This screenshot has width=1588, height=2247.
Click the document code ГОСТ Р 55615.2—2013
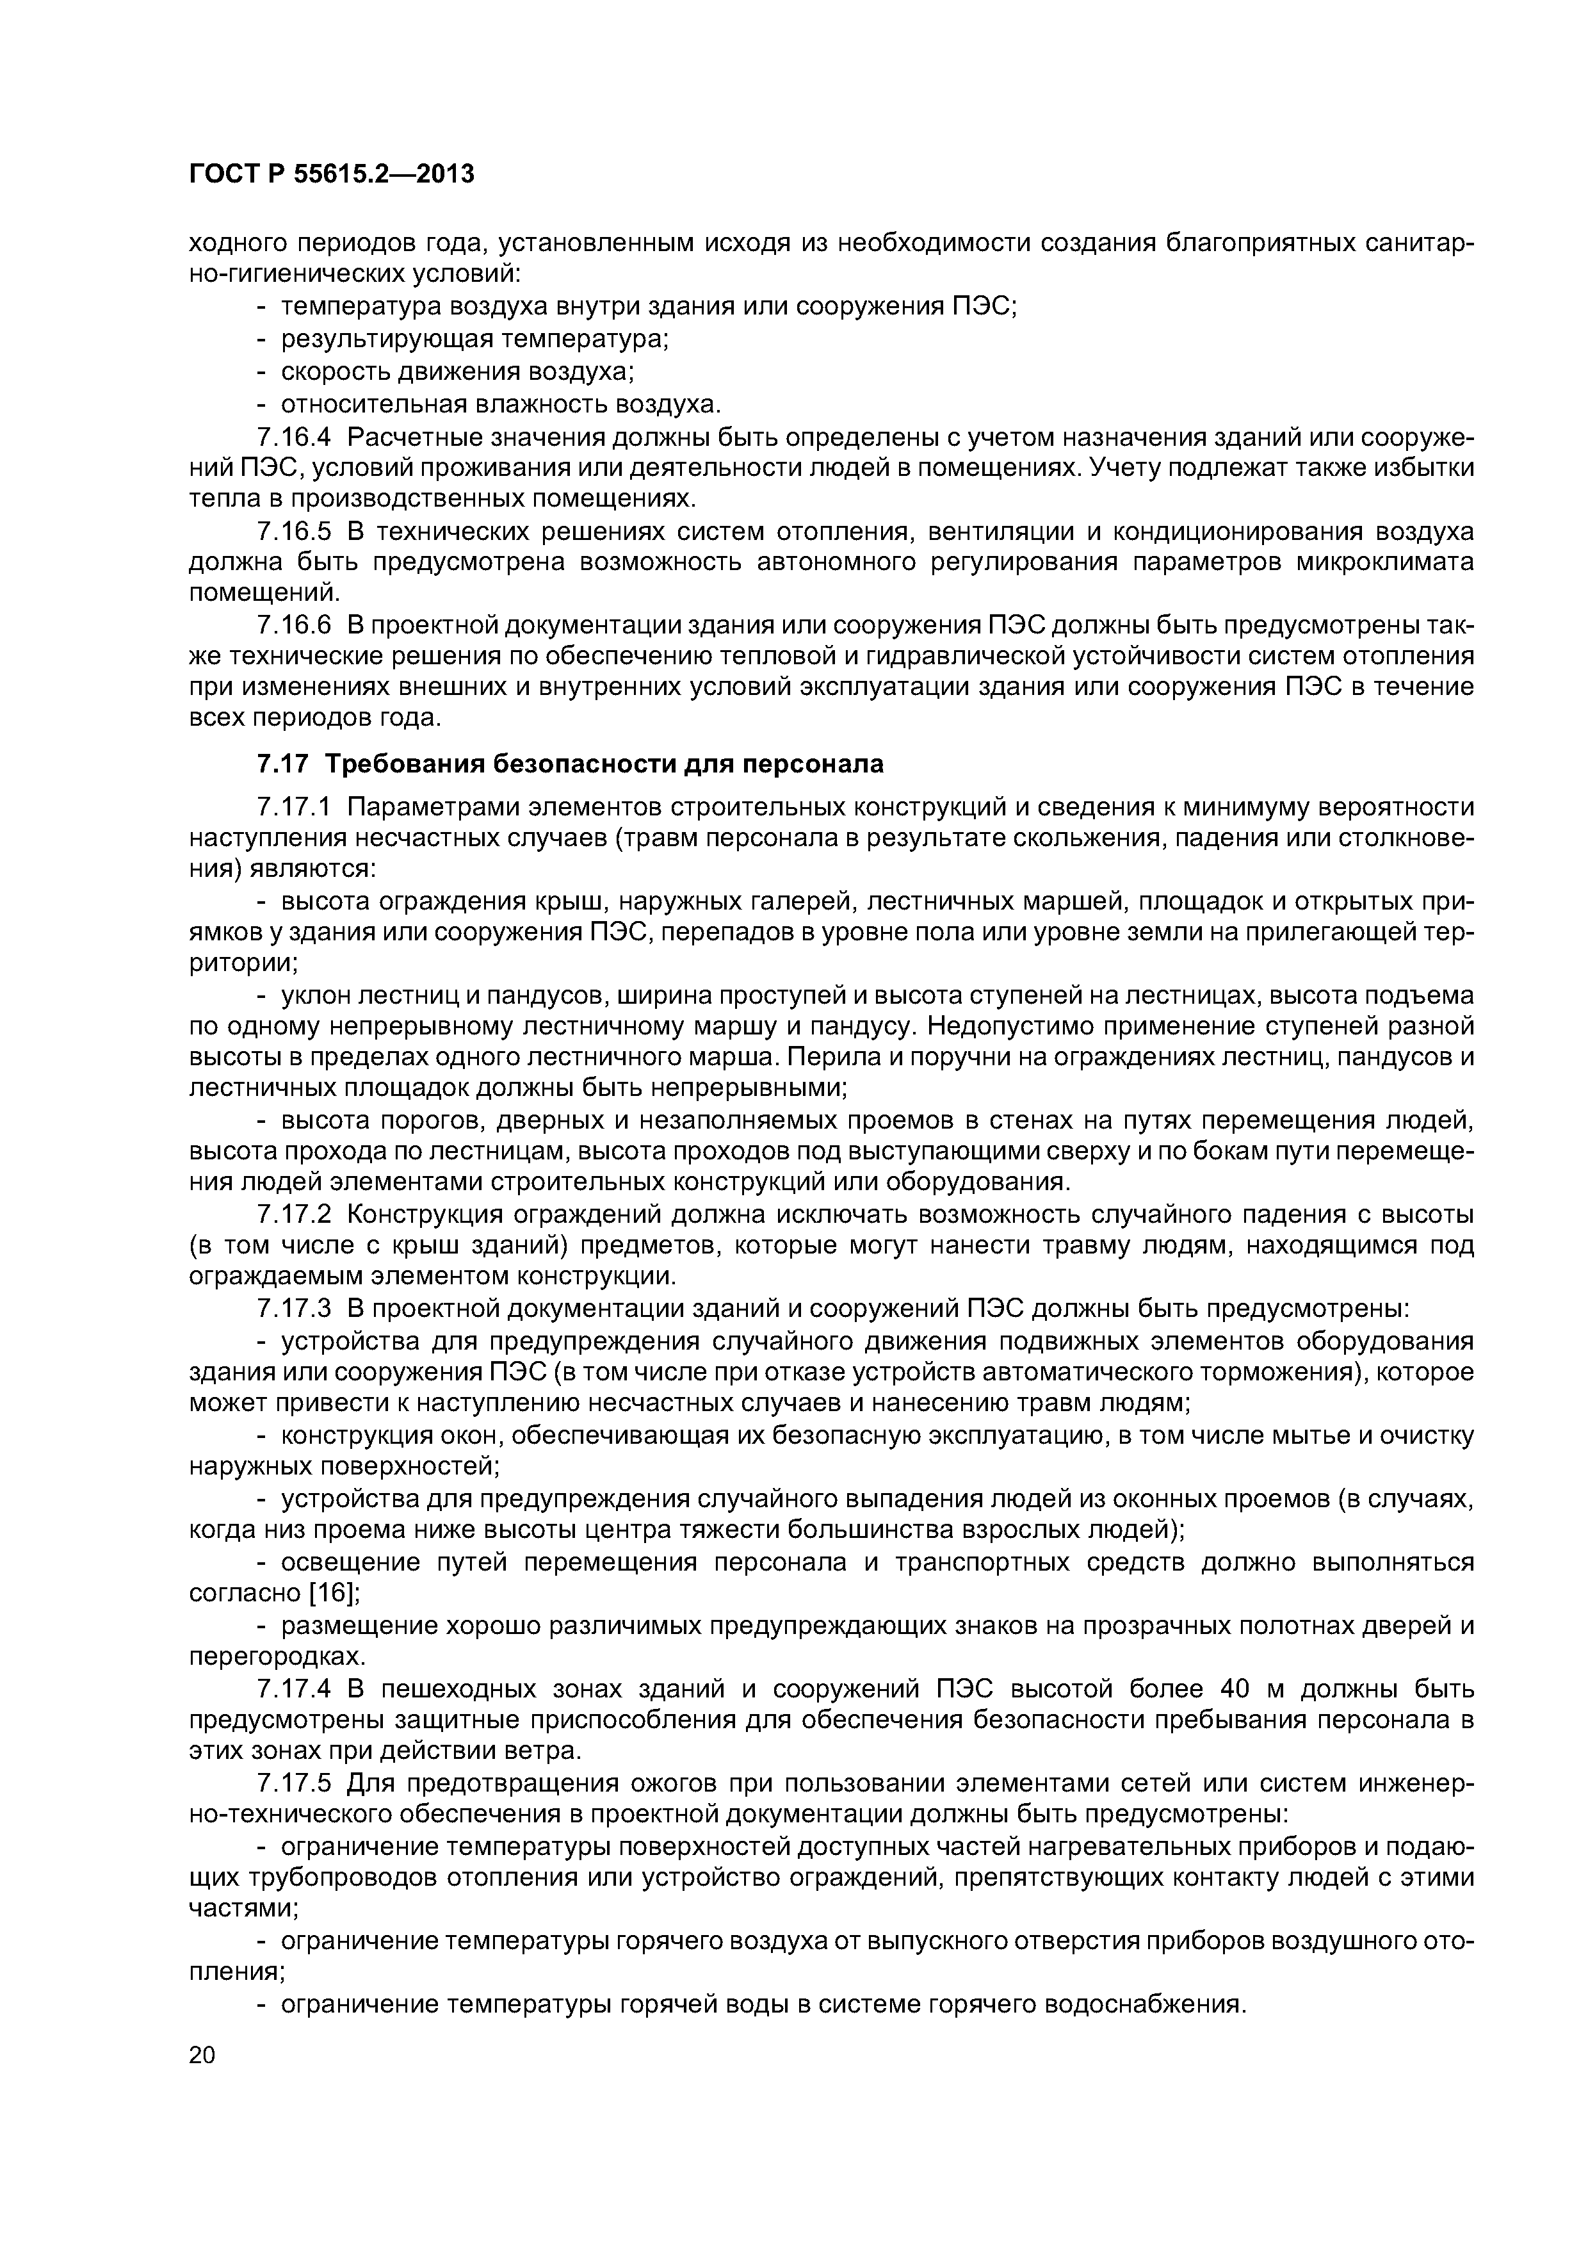coord(330,174)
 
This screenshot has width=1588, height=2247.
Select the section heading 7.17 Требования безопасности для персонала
coord(569,764)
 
